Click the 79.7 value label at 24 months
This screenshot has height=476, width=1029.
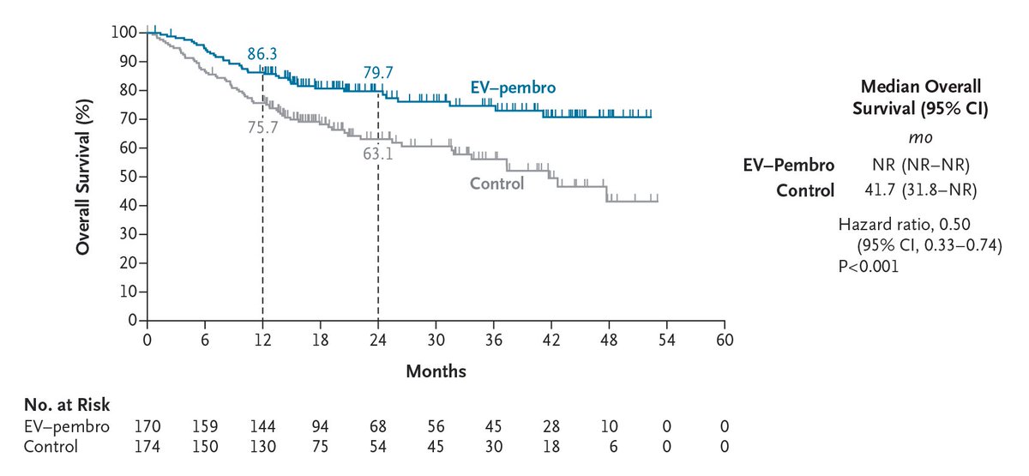378,73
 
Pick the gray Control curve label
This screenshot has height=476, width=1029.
496,183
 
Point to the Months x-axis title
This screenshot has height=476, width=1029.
436,371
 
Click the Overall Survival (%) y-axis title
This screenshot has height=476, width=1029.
83,177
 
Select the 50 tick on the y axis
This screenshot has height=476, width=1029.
127,177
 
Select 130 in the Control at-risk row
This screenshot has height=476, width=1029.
263,447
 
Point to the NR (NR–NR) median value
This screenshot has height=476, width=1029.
910,166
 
